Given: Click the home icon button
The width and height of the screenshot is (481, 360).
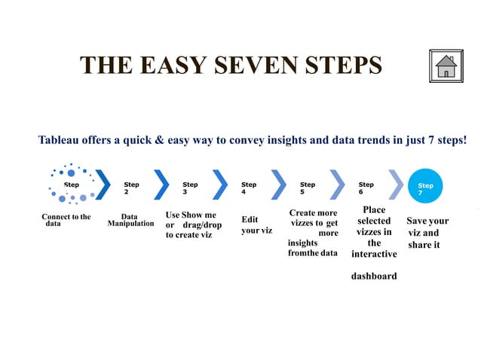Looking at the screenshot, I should tap(447, 66).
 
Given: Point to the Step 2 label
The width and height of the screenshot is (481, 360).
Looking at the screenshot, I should tap(131, 188).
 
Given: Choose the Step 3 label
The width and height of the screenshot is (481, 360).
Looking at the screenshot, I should tap(190, 188).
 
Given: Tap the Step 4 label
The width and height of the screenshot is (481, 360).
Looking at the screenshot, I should tap(248, 188).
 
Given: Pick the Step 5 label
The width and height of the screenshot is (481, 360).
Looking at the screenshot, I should tap(308, 188).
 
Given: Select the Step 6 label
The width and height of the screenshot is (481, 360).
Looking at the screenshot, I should tap(366, 188).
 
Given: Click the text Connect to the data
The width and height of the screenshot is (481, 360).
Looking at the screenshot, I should tap(66, 220).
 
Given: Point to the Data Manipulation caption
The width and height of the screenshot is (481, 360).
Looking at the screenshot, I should tap(130, 220).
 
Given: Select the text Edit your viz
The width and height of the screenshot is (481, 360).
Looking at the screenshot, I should tap(256, 224).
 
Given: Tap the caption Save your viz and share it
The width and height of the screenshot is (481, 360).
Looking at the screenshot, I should tap(427, 233).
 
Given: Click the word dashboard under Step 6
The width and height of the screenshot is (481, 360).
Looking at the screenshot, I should tap(373, 276).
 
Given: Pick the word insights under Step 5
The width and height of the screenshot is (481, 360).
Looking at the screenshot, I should tap(302, 243).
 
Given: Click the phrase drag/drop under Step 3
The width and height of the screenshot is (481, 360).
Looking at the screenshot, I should tap(202, 225).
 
